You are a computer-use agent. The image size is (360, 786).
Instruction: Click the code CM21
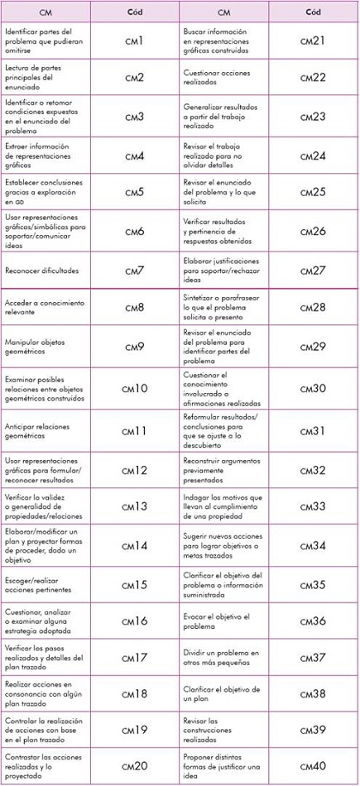pos(314,40)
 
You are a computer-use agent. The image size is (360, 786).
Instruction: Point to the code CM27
pos(314,271)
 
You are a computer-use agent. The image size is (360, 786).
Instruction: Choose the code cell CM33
pos(314,507)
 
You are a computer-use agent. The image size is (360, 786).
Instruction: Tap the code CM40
pos(314,766)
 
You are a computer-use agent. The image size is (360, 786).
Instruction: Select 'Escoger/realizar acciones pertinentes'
pos(41,584)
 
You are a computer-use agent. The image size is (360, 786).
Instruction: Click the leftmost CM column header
pos(46,12)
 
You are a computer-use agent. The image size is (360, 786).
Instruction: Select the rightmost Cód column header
pos(314,12)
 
